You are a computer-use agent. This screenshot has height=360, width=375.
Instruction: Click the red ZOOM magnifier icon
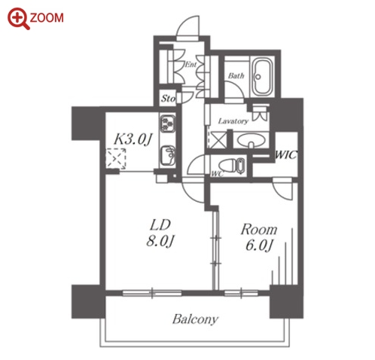18,18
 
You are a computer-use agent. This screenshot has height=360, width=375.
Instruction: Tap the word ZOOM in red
47,18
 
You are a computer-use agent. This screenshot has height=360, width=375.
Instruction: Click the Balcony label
195,319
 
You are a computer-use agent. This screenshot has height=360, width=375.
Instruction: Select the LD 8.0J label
160,233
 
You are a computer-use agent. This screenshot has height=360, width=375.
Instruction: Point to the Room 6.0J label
259,237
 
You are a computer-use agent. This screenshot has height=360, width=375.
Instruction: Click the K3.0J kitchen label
133,139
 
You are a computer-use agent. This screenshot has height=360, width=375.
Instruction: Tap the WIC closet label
286,155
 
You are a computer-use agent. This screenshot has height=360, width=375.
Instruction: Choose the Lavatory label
233,121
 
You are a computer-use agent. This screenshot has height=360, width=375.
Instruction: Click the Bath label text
236,75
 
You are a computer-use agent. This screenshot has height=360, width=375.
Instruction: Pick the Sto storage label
168,99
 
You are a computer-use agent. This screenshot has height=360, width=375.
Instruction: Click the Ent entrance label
191,65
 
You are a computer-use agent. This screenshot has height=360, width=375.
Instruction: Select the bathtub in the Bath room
263,77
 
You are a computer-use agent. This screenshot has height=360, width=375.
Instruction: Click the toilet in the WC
231,165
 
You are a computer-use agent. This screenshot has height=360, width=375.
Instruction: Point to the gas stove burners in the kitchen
168,124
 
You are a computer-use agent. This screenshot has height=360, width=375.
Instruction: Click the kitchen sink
168,155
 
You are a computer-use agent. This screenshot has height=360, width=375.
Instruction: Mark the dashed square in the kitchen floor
116,159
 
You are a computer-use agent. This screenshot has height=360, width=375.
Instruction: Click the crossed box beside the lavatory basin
218,140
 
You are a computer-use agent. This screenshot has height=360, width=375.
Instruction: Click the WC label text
217,173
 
